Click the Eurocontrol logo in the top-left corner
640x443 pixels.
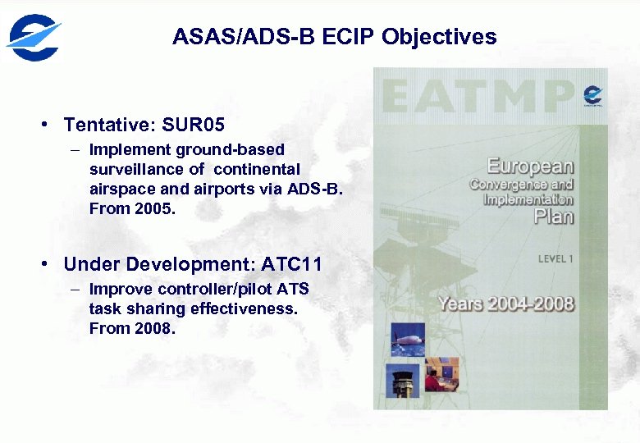(x=34, y=38)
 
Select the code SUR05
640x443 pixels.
(x=194, y=126)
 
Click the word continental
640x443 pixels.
(x=257, y=169)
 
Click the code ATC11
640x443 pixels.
(x=291, y=265)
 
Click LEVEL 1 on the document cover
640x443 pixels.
(x=555, y=259)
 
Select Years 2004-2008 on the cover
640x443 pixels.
(x=505, y=304)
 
